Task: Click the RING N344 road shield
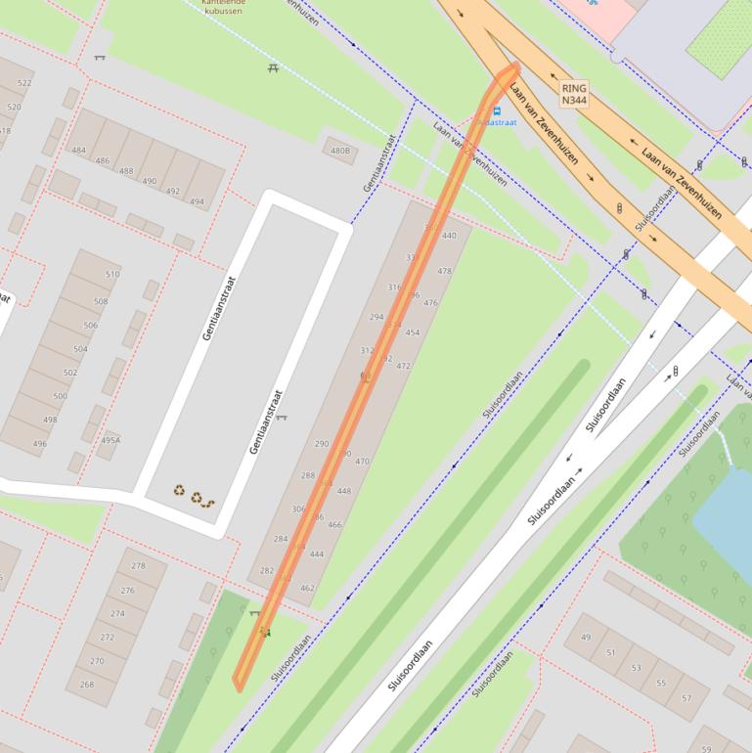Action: (x=574, y=94)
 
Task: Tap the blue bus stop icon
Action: (x=496, y=111)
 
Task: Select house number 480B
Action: (x=339, y=151)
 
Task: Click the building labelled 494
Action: (x=198, y=202)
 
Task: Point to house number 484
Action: (x=78, y=151)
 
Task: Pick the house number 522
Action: (x=24, y=83)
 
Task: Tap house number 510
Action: (x=112, y=275)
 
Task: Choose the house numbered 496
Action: (x=38, y=444)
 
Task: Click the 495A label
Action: (x=111, y=440)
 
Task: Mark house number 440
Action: (x=449, y=236)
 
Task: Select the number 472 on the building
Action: (x=403, y=366)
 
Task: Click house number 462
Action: (x=307, y=588)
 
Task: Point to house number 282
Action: (x=267, y=570)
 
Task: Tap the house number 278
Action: (x=138, y=566)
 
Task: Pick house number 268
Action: (x=87, y=685)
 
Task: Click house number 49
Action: (x=586, y=638)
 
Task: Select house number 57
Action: (x=686, y=698)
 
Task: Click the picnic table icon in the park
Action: (x=273, y=67)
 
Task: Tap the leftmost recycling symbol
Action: (x=180, y=491)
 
